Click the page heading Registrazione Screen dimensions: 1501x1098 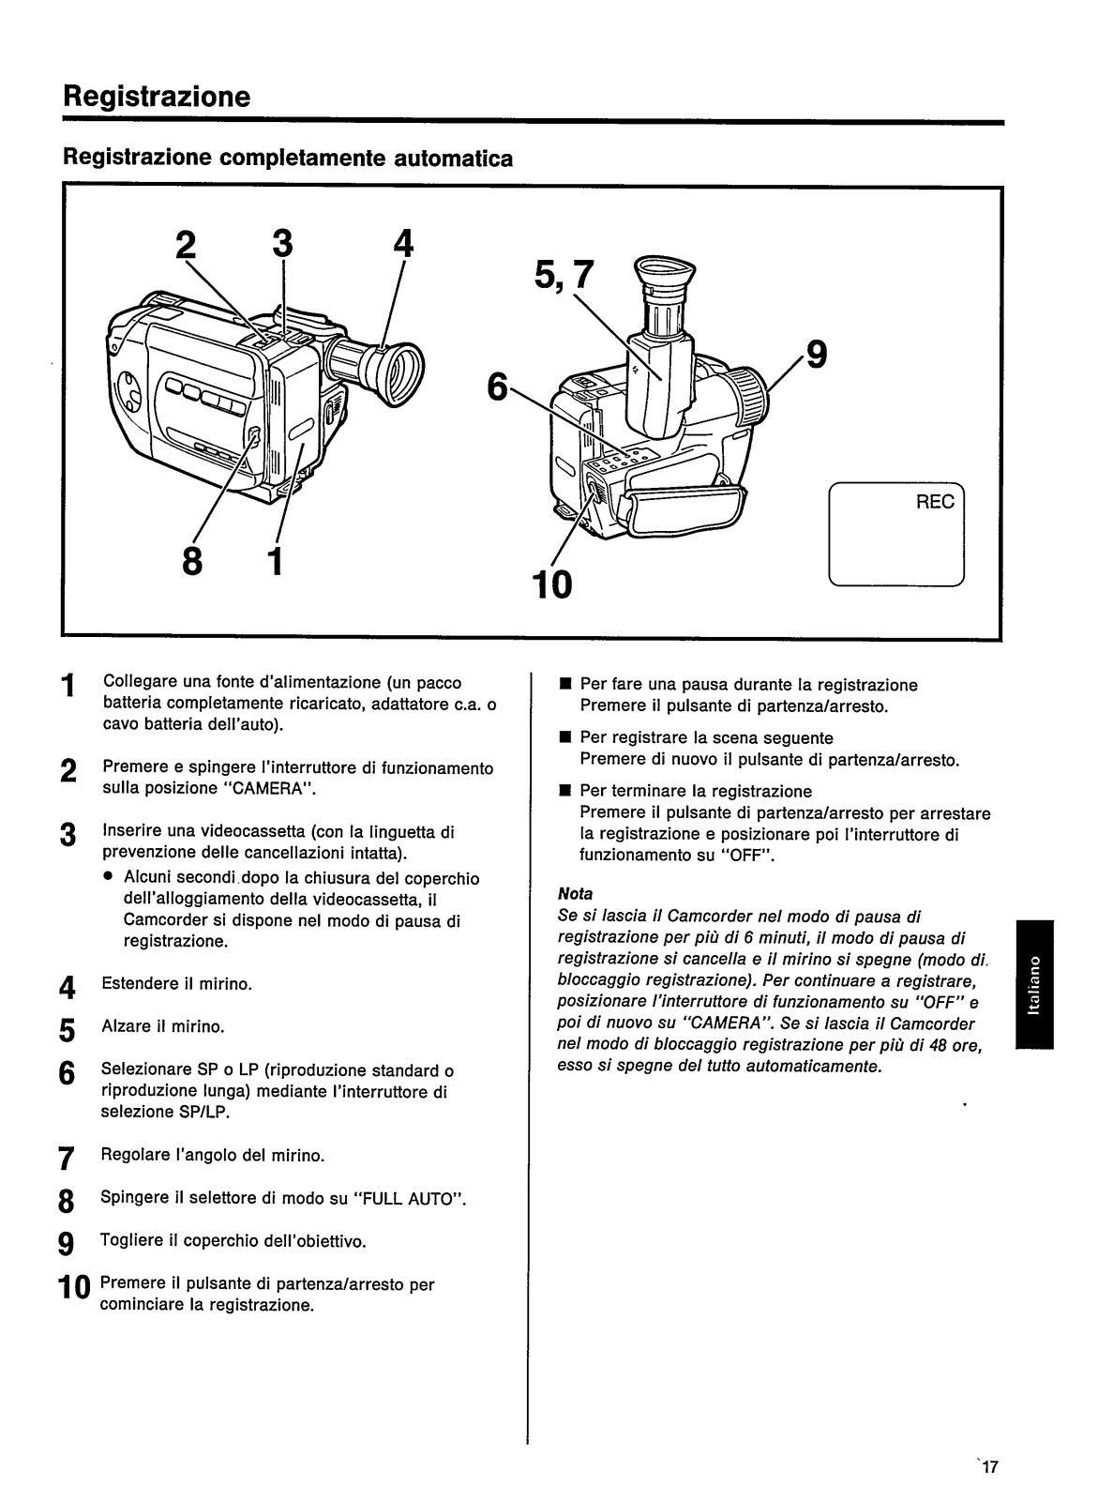pos(157,96)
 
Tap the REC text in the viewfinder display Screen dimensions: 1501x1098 pos(934,502)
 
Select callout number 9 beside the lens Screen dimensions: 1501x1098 pos(817,356)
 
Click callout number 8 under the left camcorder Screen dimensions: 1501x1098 pos(192,563)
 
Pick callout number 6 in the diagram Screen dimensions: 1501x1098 pos(496,386)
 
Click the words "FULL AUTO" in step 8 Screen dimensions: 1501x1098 pos(406,1200)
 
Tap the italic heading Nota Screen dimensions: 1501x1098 pos(575,893)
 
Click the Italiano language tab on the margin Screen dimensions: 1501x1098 pos(1033,985)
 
